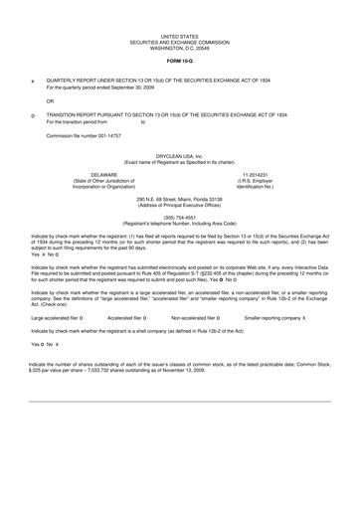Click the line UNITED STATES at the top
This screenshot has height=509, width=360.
pyautogui.click(x=179, y=35)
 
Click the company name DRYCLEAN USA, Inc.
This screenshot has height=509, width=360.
pyautogui.click(x=179, y=156)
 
